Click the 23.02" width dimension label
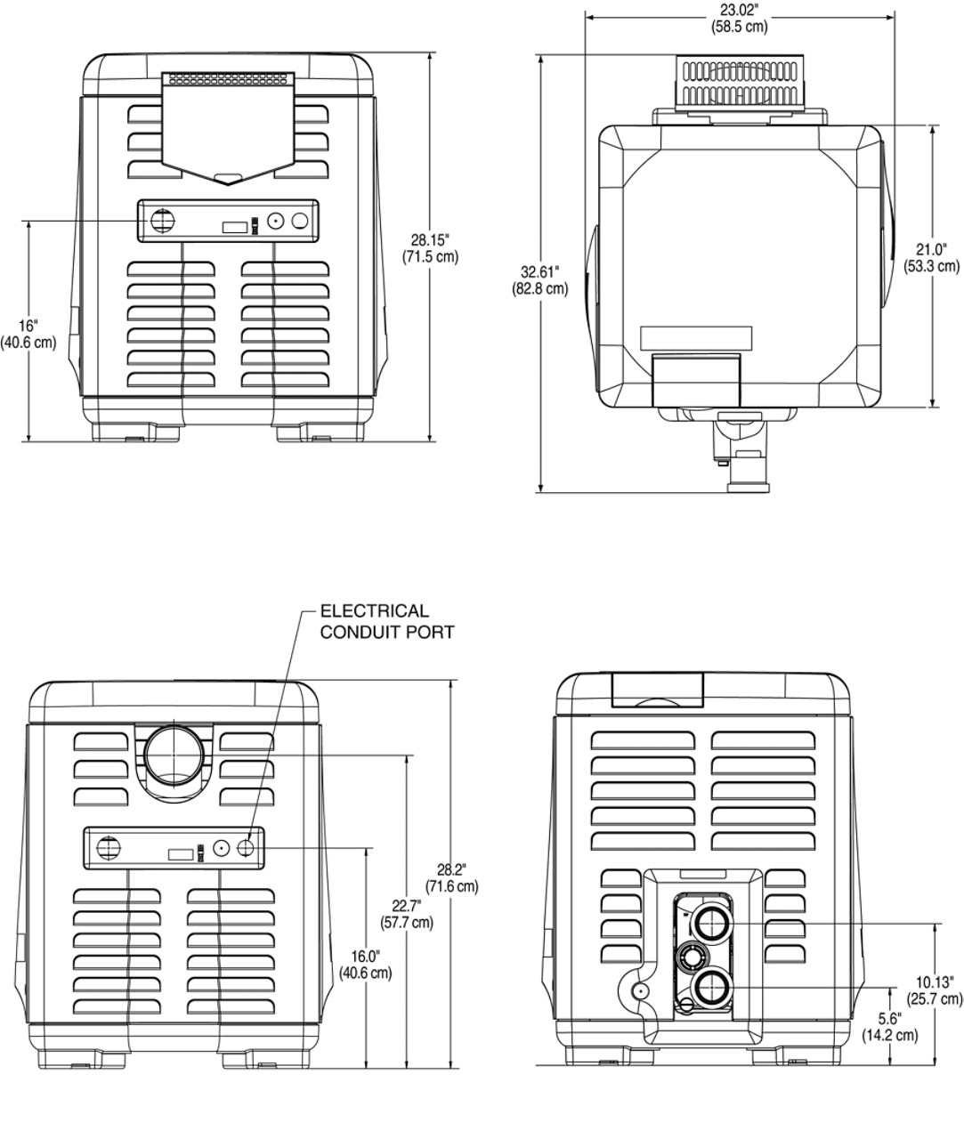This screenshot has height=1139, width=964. (739, 19)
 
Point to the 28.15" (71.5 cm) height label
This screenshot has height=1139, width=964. (430, 248)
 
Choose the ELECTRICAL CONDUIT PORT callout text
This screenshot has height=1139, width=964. (386, 621)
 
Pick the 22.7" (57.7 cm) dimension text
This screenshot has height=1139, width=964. (407, 914)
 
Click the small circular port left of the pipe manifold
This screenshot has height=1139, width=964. (637, 991)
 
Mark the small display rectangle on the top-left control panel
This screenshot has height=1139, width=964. (234, 226)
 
